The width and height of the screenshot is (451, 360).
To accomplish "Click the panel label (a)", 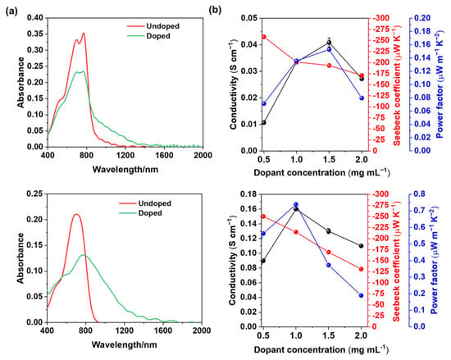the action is (11, 11).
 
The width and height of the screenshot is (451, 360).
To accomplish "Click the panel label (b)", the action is (215, 11).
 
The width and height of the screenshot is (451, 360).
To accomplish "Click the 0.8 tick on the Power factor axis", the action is (419, 194).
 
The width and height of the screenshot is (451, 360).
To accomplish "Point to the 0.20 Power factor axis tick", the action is (422, 18).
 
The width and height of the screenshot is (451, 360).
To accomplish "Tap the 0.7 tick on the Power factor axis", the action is (419, 211).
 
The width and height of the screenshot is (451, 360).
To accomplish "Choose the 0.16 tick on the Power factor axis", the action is (422, 44).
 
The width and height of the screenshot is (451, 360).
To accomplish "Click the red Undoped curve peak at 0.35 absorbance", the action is (84, 34).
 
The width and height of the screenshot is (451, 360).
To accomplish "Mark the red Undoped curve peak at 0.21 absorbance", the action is (76, 214).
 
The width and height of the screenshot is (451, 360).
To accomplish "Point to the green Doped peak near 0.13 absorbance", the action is (84, 255).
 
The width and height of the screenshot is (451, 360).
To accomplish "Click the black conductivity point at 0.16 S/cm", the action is (296, 209).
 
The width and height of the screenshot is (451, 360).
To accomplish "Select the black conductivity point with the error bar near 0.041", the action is (329, 43).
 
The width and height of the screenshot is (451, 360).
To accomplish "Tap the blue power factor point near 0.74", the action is (296, 204).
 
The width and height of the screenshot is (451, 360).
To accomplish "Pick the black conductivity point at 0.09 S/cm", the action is (263, 261).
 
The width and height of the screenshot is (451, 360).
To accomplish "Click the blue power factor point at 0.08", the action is (362, 98).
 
